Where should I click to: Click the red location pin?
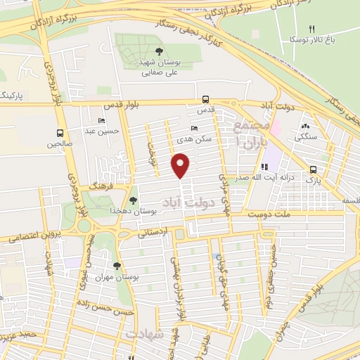(181, 166)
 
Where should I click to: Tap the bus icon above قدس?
(205, 99)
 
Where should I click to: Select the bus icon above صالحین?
(60, 132)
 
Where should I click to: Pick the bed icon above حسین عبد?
(103, 120)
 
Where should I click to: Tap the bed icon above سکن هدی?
(194, 128)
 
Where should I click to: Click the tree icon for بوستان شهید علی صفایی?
(159, 51)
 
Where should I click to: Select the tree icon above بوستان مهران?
(116, 265)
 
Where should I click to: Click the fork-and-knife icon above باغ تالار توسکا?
(311, 29)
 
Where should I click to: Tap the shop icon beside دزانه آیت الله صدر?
(265, 167)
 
